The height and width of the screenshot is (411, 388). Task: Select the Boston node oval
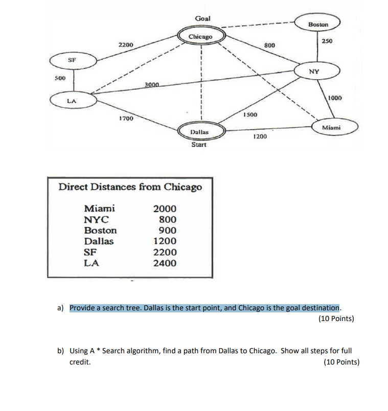click(318, 25)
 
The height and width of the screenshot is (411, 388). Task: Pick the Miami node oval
click(332, 127)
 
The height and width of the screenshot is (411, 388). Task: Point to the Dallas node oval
click(199, 131)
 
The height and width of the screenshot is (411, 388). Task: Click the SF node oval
click(72, 60)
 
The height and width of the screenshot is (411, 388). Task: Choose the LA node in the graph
click(72, 101)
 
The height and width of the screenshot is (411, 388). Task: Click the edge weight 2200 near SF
click(126, 45)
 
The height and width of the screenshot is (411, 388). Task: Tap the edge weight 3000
click(152, 83)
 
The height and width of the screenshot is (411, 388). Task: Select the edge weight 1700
click(126, 119)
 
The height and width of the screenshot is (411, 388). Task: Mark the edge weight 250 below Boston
click(328, 41)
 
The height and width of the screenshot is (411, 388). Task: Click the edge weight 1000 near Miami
click(335, 98)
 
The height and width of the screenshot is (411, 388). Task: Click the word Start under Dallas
click(199, 145)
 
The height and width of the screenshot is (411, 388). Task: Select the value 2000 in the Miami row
click(165, 209)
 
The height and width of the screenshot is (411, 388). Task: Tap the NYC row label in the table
click(97, 219)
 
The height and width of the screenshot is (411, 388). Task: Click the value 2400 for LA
click(165, 263)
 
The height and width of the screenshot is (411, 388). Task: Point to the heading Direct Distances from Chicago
click(130, 187)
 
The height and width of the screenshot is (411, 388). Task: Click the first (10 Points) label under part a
click(336, 318)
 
